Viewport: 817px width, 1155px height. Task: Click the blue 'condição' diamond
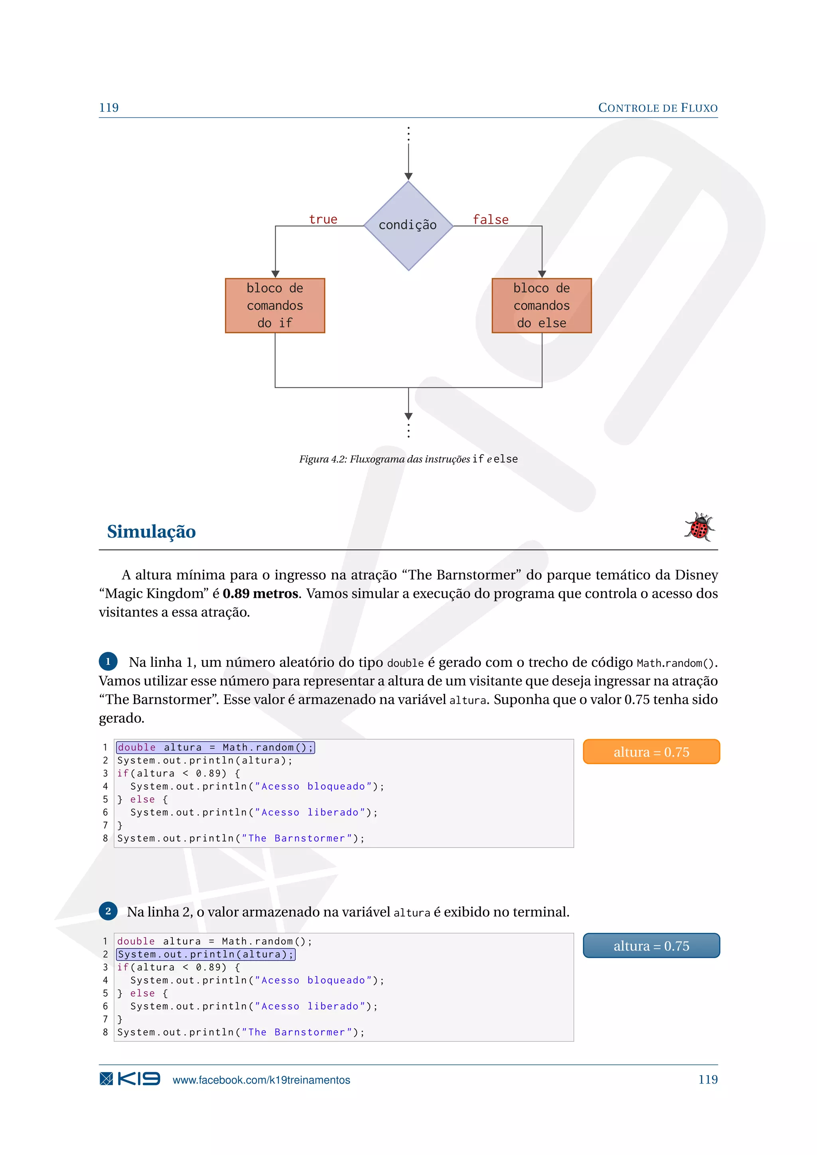point(408,225)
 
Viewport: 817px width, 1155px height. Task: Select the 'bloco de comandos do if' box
point(275,306)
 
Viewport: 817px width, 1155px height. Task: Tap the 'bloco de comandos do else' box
point(541,306)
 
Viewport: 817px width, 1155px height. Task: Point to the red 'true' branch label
point(323,219)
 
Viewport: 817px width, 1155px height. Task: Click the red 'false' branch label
point(491,219)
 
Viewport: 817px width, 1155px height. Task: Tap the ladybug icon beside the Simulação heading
point(699,527)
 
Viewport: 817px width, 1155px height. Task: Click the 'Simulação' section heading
point(152,531)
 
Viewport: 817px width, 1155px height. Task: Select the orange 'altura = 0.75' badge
point(651,751)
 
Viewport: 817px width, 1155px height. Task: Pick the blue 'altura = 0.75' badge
point(651,946)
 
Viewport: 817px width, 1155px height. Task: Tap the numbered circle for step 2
point(108,911)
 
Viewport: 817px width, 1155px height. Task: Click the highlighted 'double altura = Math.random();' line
point(215,747)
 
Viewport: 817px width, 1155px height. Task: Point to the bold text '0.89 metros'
point(260,593)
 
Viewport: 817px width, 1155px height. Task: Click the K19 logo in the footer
point(130,1079)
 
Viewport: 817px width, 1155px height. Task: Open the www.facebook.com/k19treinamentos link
point(261,1080)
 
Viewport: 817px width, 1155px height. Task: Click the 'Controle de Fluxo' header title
point(657,108)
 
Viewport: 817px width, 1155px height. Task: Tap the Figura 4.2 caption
point(408,459)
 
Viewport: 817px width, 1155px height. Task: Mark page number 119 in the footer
point(708,1080)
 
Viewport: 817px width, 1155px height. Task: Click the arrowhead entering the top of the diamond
point(408,176)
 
